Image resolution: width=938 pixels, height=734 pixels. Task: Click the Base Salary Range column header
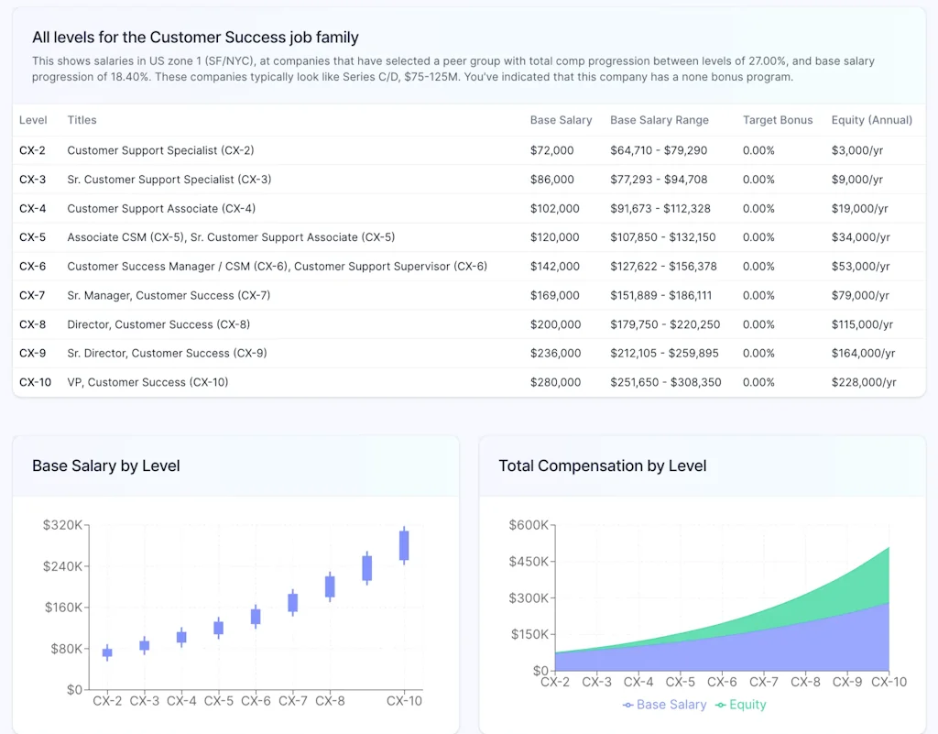659,120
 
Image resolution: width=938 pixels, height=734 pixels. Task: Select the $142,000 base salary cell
555,266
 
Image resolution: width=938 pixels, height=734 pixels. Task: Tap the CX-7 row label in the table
32,295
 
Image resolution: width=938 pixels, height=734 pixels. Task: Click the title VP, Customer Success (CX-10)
147,382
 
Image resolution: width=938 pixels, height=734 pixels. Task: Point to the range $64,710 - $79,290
657,150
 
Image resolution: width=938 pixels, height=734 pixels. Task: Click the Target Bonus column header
777,120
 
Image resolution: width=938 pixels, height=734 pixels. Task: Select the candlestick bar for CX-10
404,545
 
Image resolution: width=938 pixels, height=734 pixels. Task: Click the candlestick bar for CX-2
107,652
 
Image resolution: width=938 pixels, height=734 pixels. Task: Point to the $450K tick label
529,562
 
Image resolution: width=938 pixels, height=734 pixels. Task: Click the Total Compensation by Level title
602,466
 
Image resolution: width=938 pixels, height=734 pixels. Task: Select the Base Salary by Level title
106,466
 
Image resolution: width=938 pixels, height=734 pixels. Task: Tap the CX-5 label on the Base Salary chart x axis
219,701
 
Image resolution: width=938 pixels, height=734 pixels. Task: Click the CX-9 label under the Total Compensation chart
847,682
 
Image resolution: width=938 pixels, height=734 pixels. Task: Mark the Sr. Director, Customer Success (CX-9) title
168,353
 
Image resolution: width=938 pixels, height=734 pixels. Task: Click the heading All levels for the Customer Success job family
195,38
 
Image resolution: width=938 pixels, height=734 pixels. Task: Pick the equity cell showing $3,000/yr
856,150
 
